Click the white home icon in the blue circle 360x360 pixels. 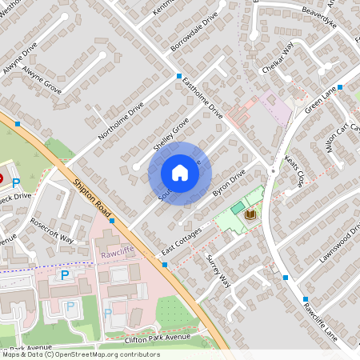[180, 173]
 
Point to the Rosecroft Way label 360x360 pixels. [52, 229]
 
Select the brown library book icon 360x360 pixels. [250, 214]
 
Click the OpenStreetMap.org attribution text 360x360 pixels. [109, 354]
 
